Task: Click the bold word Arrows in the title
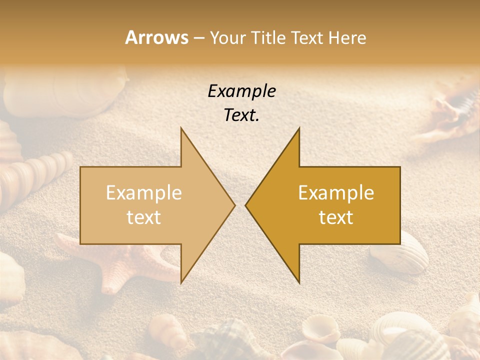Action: click(157, 37)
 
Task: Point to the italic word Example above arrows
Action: click(241, 91)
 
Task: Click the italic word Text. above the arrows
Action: click(241, 115)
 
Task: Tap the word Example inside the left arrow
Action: click(144, 193)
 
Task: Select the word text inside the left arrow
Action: click(144, 217)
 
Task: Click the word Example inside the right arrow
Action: click(336, 193)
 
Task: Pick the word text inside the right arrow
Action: click(336, 217)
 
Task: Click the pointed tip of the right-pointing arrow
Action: click(234, 205)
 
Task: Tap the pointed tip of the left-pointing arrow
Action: click(245, 205)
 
